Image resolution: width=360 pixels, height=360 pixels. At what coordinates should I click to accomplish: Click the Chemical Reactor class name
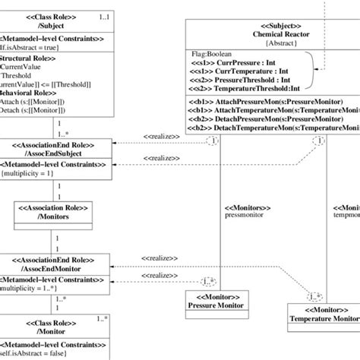click(261, 33)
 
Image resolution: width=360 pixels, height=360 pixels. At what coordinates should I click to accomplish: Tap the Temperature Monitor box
click(323, 315)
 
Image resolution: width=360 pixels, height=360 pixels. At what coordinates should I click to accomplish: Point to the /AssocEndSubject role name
click(55, 155)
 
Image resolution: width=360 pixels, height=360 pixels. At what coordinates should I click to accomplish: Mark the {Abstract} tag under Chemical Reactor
click(261, 43)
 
